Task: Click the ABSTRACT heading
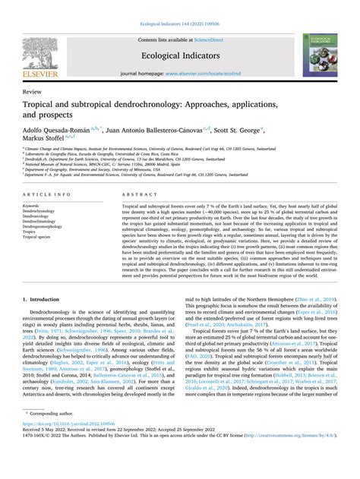coord(138,194)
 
